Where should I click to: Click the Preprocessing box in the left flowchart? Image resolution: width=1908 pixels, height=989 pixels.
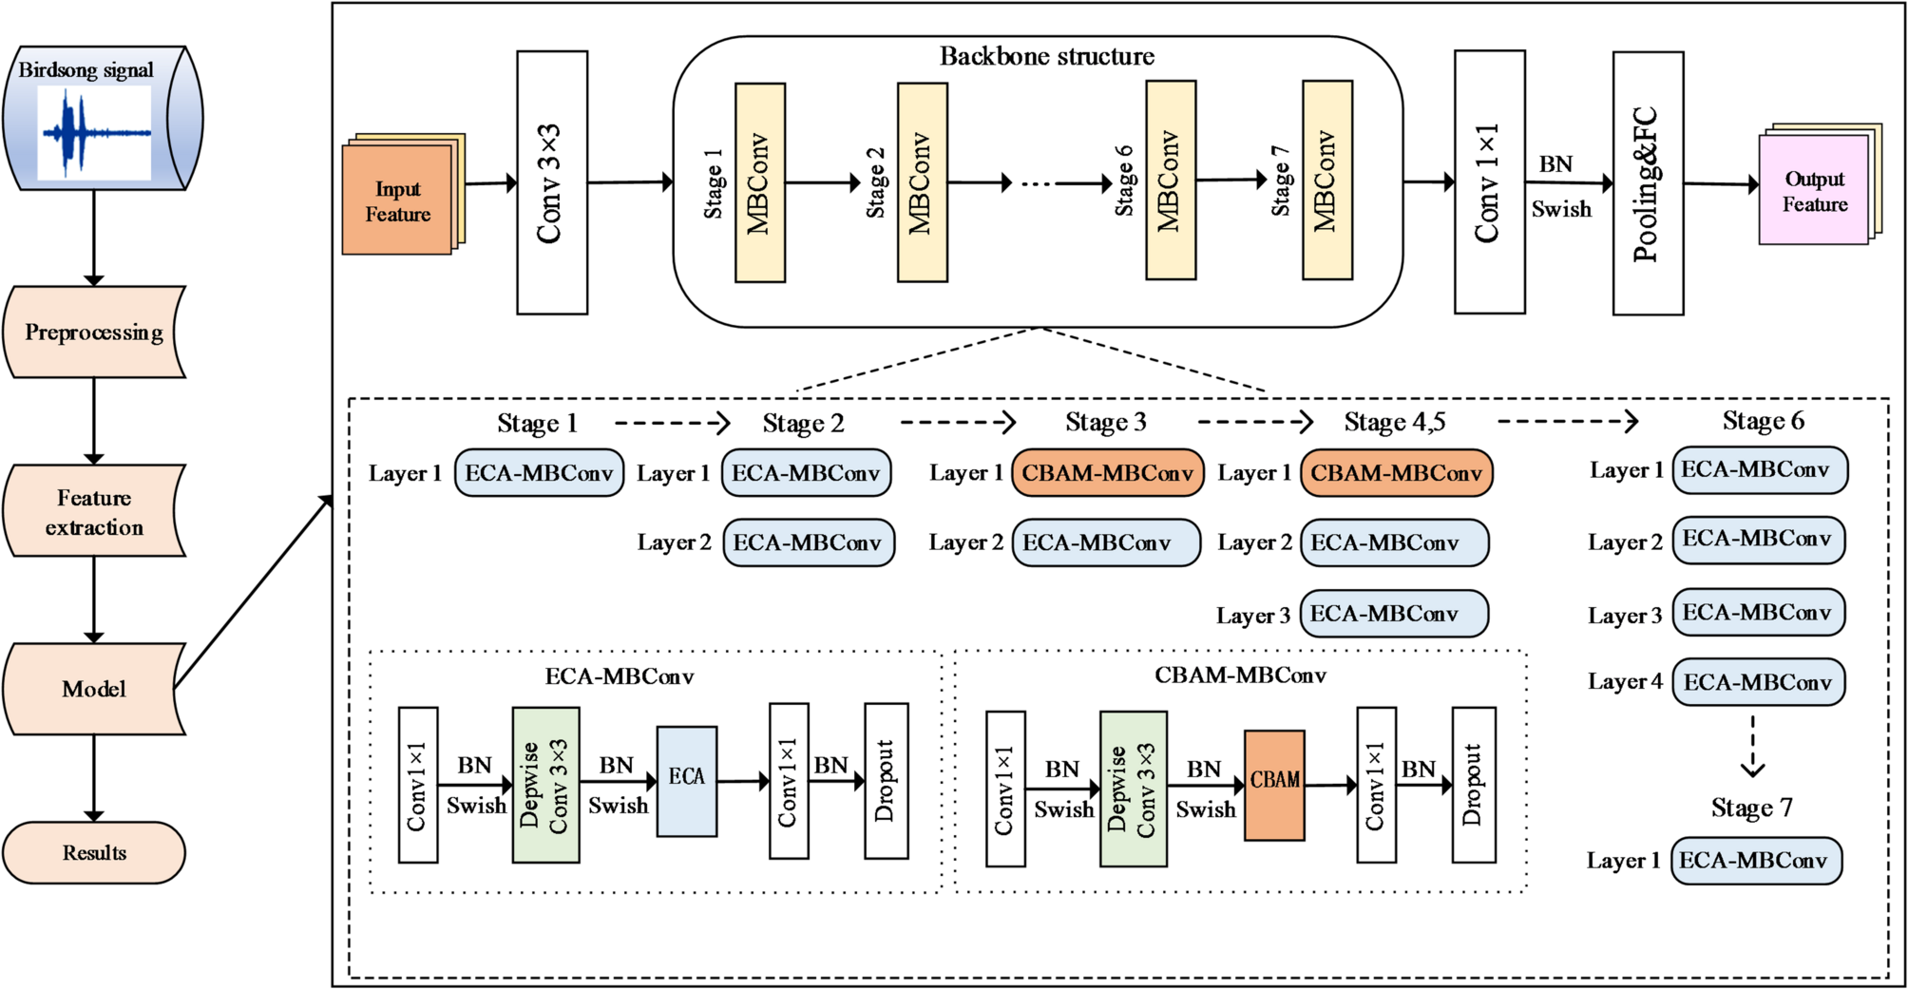click(x=93, y=332)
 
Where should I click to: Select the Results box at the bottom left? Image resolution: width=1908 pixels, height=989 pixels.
click(x=93, y=852)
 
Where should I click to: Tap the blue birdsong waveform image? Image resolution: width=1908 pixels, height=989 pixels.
click(x=94, y=133)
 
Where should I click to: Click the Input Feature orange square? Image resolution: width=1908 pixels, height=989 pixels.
click(x=397, y=200)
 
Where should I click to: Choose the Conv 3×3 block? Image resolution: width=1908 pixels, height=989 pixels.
click(x=552, y=182)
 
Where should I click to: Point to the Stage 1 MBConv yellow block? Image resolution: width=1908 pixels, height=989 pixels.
click(x=760, y=182)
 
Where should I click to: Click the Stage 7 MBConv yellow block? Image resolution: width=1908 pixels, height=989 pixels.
click(x=1327, y=181)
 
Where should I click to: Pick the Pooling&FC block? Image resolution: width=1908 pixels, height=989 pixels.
click(x=1648, y=183)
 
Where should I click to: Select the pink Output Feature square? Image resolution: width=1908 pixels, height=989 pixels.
click(x=1814, y=191)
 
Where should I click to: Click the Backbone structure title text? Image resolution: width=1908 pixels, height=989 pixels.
click(x=1046, y=56)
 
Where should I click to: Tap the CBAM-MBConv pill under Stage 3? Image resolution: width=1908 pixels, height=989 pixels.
click(x=1108, y=473)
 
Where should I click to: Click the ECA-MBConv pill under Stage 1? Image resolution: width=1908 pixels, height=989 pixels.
click(x=539, y=473)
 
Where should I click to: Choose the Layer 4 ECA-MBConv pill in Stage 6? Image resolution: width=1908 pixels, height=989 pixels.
click(x=1758, y=682)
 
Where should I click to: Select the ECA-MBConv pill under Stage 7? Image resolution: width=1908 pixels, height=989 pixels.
click(x=1755, y=861)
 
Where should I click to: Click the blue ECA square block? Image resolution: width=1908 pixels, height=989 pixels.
click(x=686, y=781)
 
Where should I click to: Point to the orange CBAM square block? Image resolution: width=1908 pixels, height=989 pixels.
click(x=1274, y=785)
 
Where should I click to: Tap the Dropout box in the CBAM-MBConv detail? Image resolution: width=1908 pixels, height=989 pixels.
click(x=1474, y=785)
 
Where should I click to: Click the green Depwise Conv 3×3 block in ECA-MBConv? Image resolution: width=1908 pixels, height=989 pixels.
click(x=545, y=785)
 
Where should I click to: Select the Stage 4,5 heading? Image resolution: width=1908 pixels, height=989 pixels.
click(x=1394, y=422)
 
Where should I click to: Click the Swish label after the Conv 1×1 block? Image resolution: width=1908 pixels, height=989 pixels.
click(x=1561, y=209)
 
